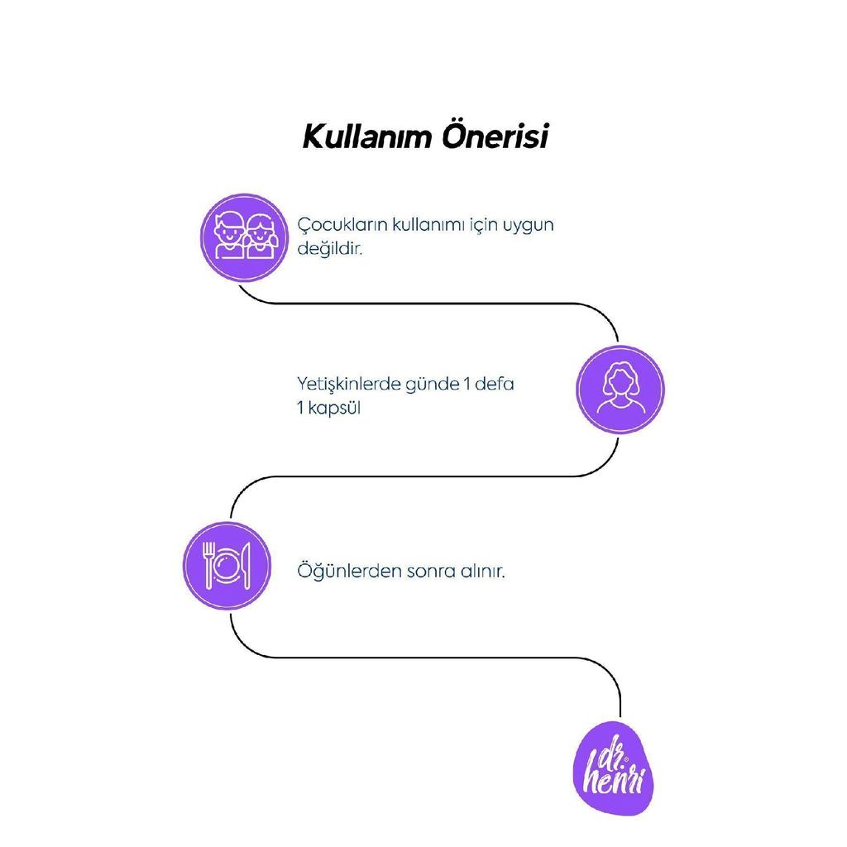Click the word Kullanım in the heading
pyautogui.click(x=367, y=136)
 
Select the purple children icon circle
pyautogui.click(x=244, y=237)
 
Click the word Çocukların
pyautogui.click(x=342, y=225)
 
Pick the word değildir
pyautogui.click(x=329, y=249)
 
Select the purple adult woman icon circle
pyautogui.click(x=620, y=390)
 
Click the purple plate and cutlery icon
pyautogui.click(x=227, y=566)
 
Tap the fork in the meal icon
pyautogui.click(x=208, y=565)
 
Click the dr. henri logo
pyautogui.click(x=614, y=768)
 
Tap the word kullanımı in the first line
pyautogui.click(x=428, y=225)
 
